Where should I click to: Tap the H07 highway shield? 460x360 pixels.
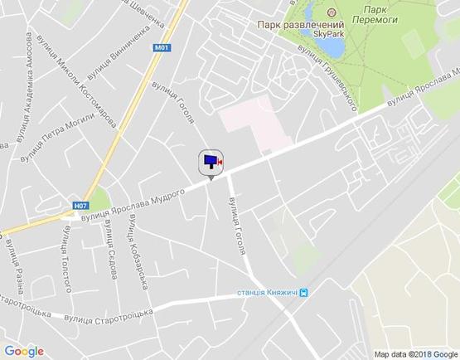pyautogui.click(x=80, y=206)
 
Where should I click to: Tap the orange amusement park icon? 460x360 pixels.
pyautogui.click(x=332, y=12)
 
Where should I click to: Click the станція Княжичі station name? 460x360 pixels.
pyautogui.click(x=267, y=292)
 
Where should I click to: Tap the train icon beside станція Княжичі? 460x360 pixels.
pyautogui.click(x=305, y=292)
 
